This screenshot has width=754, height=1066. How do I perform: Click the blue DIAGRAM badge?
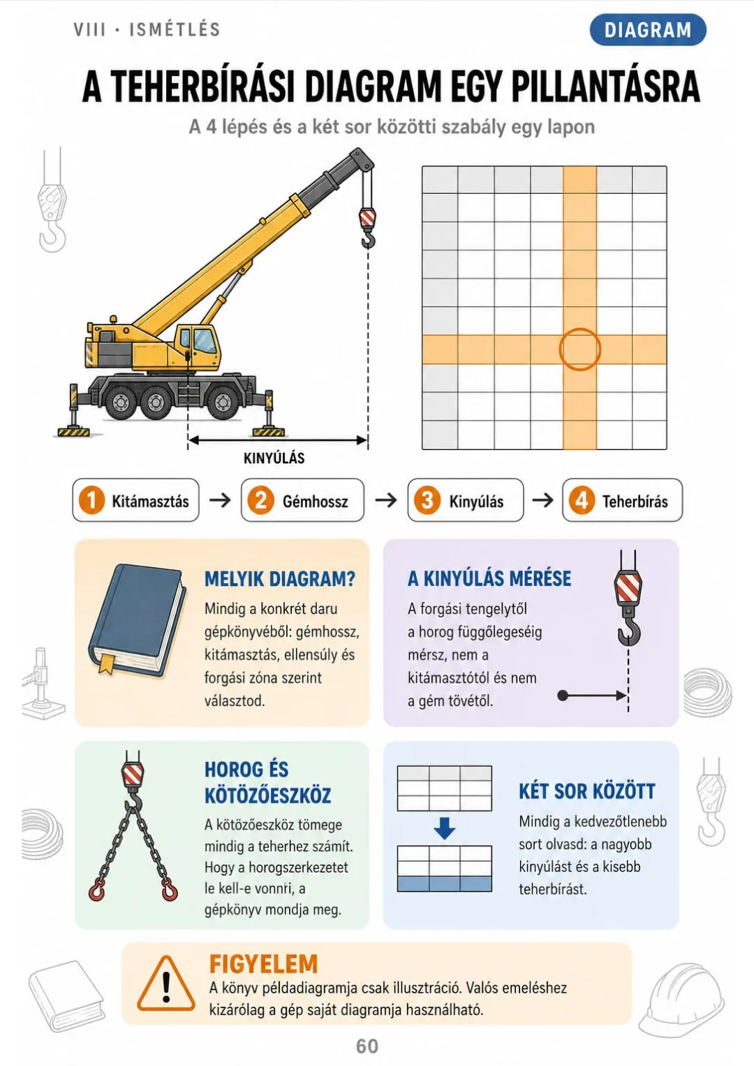click(x=648, y=29)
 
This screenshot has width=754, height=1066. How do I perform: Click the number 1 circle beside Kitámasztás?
click(x=91, y=500)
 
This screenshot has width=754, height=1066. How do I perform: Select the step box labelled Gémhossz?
click(x=302, y=500)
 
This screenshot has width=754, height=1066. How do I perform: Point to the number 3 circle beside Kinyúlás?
click(x=427, y=500)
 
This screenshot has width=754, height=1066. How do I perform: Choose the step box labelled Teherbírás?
click(x=622, y=500)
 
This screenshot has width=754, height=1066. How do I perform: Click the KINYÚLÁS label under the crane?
click(x=274, y=458)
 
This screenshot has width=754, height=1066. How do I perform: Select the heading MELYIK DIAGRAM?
click(x=280, y=578)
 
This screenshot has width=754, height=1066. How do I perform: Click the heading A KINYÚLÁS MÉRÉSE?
click(x=489, y=578)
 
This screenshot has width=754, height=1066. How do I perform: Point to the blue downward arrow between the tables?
click(x=445, y=828)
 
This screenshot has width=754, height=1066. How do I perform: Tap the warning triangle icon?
click(x=165, y=984)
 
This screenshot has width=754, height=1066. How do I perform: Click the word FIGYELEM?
click(x=263, y=963)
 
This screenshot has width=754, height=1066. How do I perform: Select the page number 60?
click(x=367, y=1046)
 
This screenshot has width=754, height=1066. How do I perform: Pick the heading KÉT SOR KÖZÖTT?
click(x=587, y=791)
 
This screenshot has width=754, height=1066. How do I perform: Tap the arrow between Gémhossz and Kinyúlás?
click(x=386, y=500)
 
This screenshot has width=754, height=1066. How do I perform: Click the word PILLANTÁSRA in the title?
click(x=605, y=87)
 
